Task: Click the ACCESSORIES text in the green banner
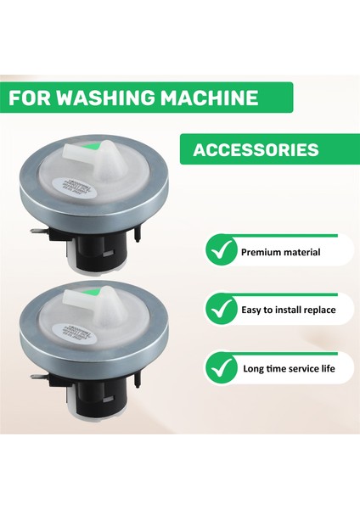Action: pos(256,150)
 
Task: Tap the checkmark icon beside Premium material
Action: pos(220,252)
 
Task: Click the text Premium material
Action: pos(280,252)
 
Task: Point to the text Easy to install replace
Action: pos(288,310)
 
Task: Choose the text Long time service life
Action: pos(288,369)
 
